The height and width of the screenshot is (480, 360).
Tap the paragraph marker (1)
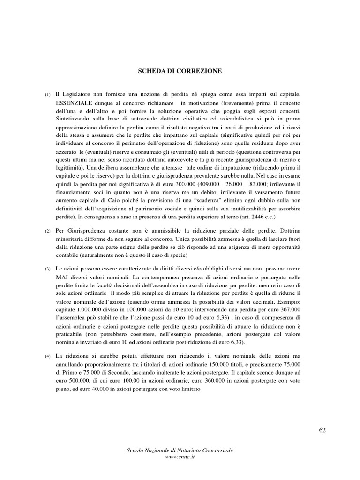click(x=48, y=95)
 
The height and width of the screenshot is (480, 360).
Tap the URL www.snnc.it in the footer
click(x=180, y=457)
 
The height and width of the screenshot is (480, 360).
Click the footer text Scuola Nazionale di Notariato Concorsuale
click(x=180, y=450)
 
